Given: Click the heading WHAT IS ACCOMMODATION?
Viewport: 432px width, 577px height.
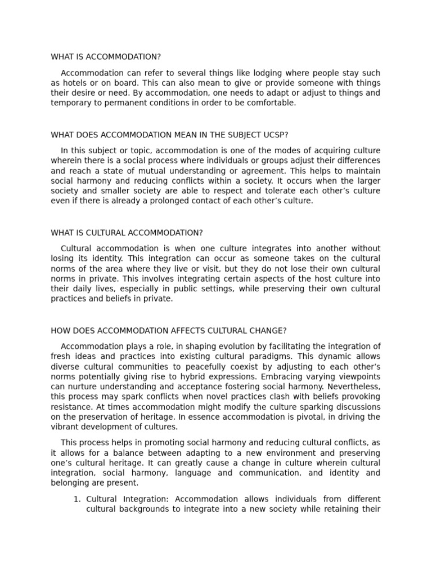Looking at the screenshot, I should click(106, 57).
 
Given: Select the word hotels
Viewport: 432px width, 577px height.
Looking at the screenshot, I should click(73, 83).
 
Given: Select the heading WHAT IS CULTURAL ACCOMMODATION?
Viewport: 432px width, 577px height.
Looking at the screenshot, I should click(127, 233).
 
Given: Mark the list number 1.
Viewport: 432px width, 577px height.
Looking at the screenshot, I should click(78, 499).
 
